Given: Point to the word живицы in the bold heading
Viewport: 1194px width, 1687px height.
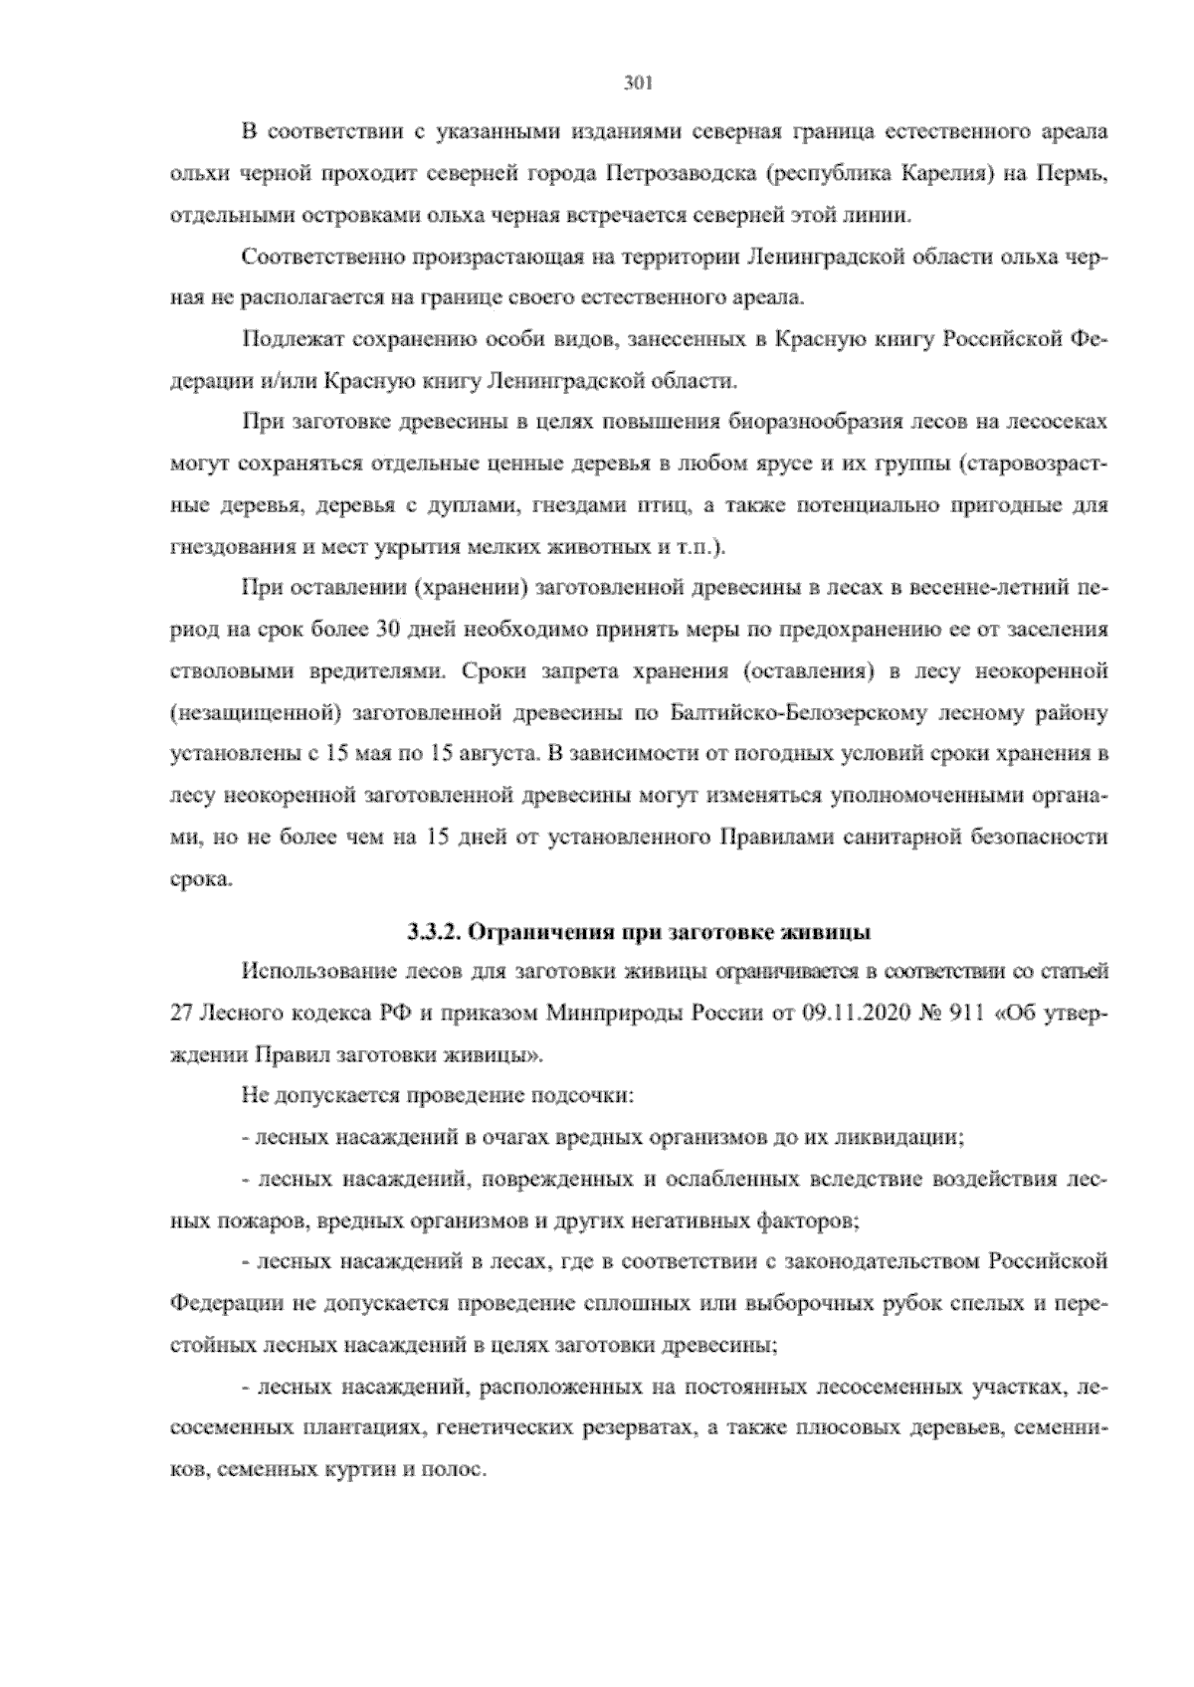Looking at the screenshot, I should click(x=837, y=932).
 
